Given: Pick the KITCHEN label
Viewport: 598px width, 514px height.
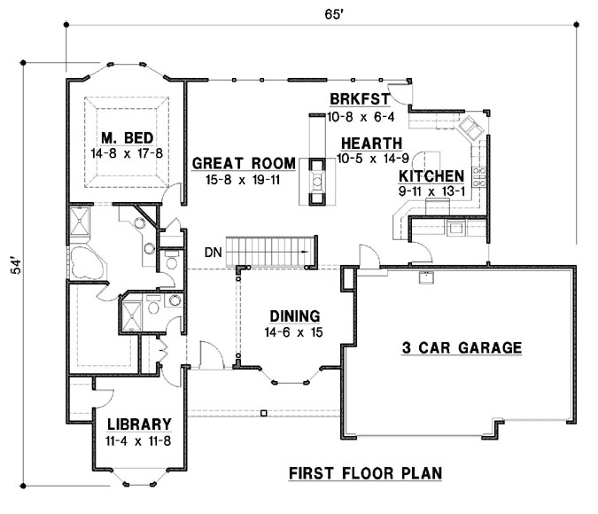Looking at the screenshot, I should click(431, 175).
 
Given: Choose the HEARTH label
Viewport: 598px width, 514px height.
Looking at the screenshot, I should click(369, 143).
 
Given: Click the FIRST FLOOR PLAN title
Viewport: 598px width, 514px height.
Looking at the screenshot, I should click(366, 472).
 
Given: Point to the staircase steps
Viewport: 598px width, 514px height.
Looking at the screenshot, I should click(271, 250).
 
